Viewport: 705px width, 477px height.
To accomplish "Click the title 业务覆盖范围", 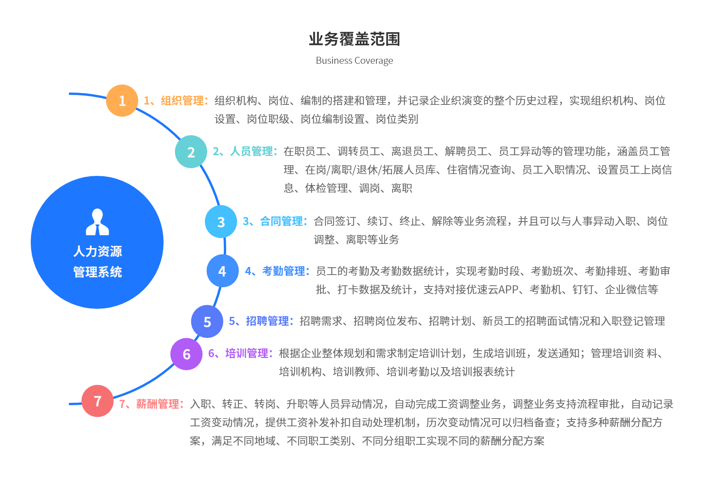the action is point(354,39).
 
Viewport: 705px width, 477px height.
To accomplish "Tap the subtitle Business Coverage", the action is point(354,61).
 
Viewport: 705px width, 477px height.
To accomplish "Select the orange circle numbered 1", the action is point(122,101).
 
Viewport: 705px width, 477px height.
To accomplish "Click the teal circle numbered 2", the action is point(191,152).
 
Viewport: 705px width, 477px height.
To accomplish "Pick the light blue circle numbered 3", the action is point(221,222).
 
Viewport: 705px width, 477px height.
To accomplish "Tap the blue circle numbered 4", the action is point(222,271).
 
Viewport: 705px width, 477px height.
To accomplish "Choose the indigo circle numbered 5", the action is point(207,321).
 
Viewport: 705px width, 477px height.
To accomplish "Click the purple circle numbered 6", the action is point(186,354).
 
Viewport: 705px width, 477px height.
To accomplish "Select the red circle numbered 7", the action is point(98,401).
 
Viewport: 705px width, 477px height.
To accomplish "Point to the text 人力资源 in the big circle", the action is point(98,251).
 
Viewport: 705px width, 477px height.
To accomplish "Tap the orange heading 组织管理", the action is point(182,101).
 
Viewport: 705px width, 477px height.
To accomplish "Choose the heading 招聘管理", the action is point(267,321).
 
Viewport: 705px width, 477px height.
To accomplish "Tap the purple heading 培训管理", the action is point(247,353).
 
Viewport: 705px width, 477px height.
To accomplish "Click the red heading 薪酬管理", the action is point(157,404).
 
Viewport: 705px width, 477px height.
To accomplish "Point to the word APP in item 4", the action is point(508,290).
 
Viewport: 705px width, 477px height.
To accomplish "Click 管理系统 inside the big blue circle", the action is point(98,272).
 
